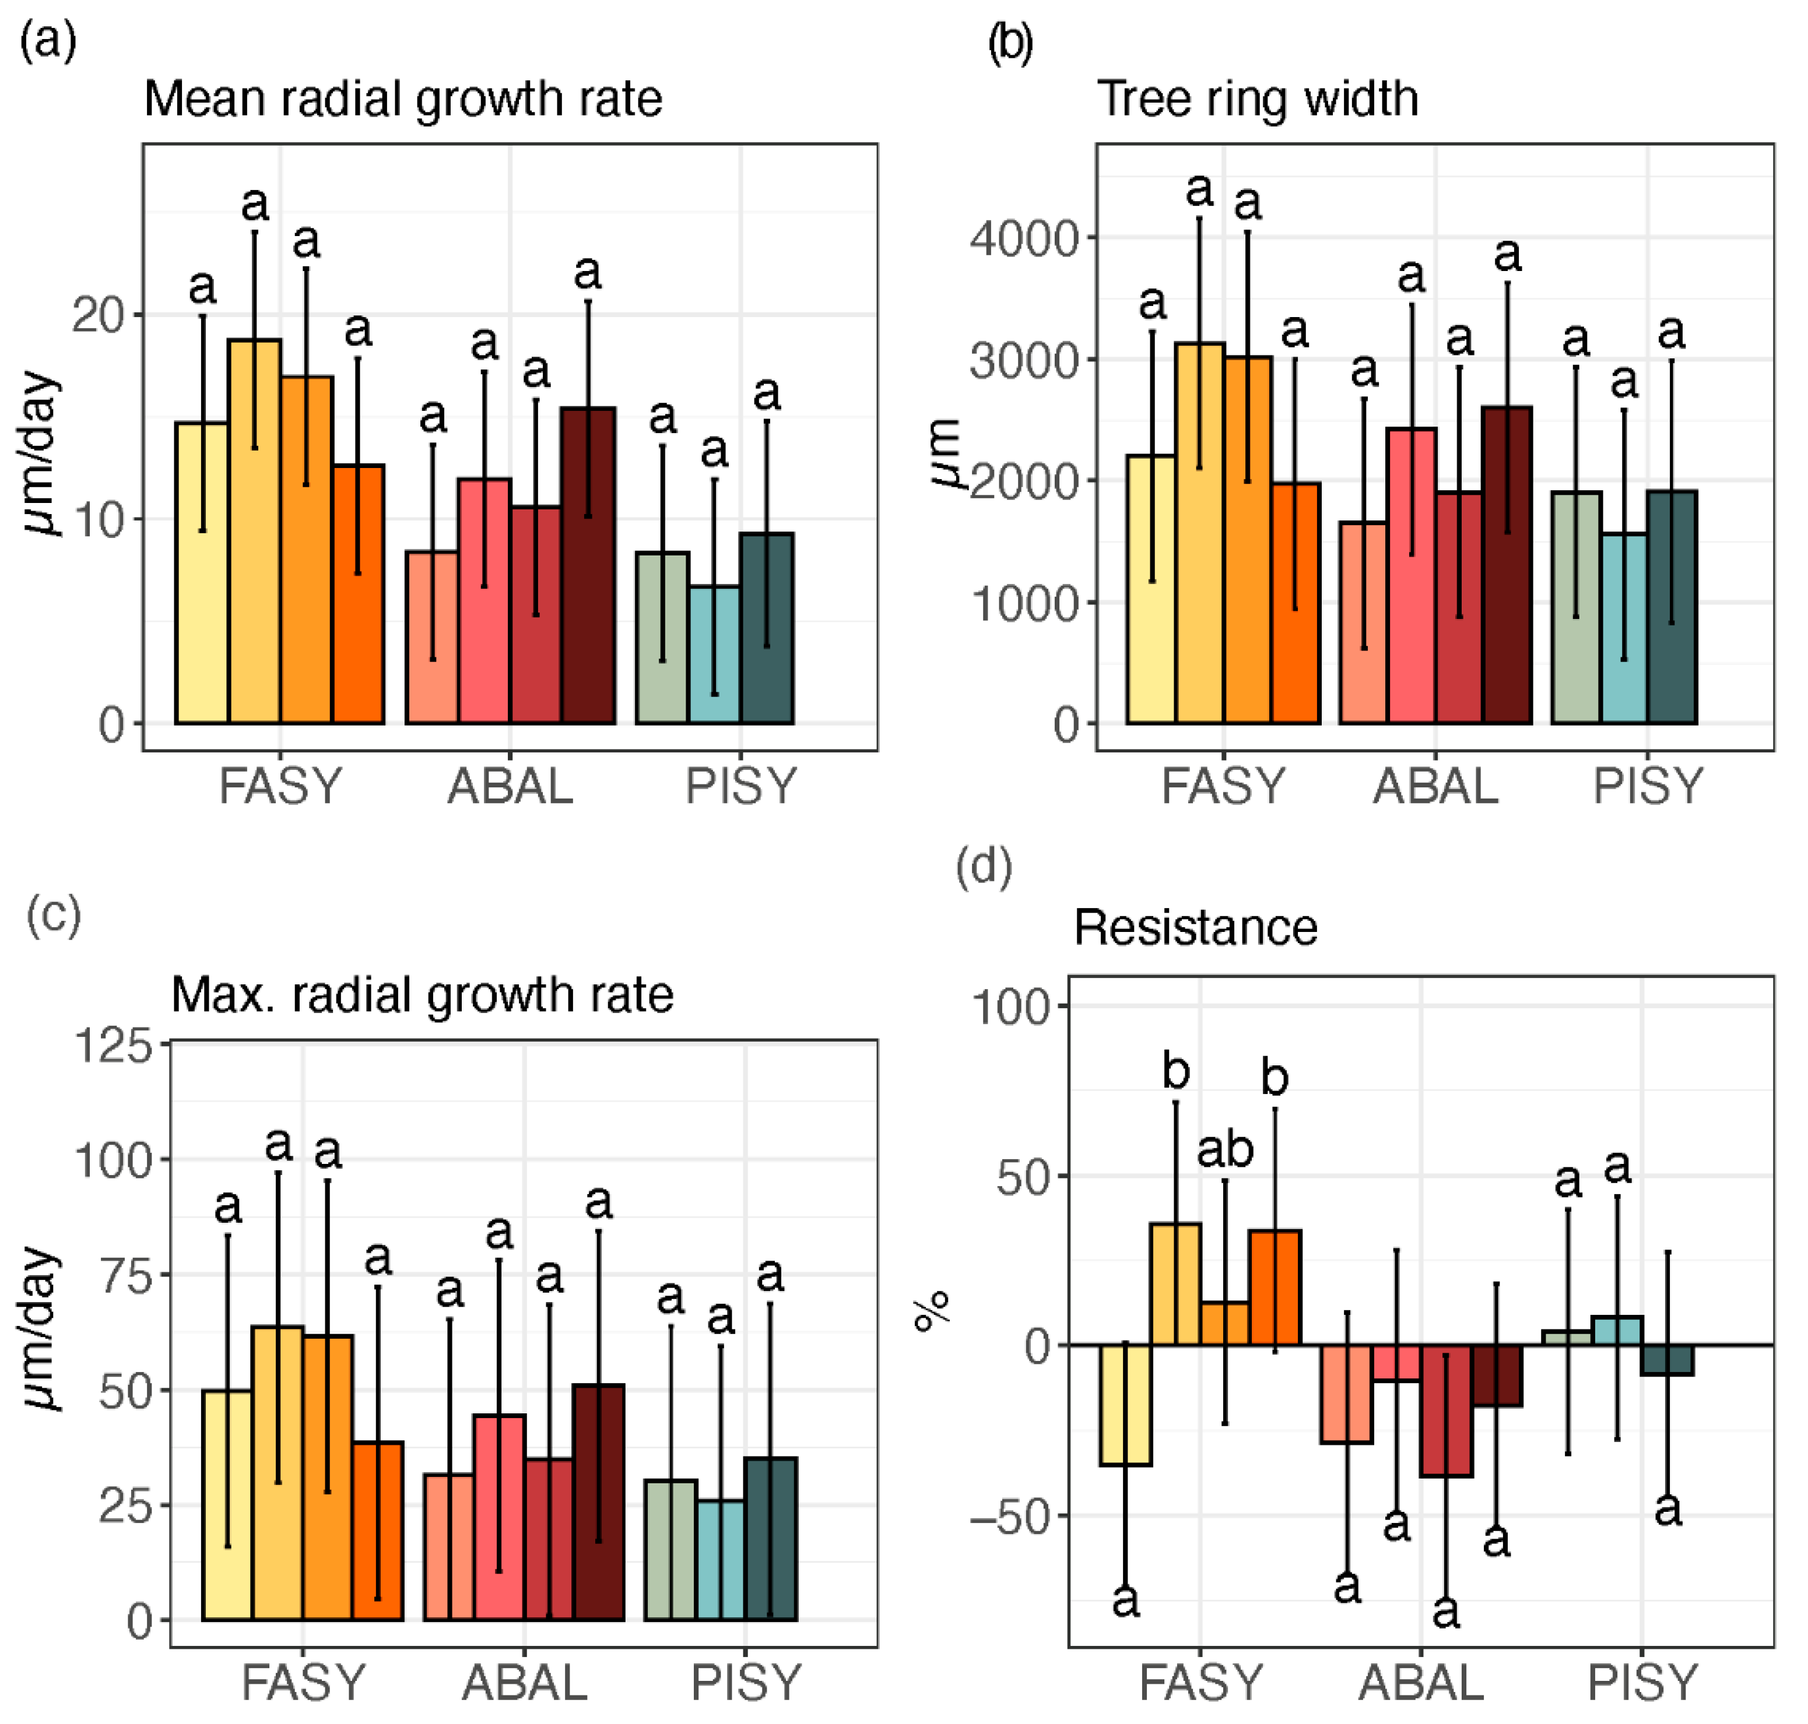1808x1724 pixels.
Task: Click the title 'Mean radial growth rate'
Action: (x=403, y=99)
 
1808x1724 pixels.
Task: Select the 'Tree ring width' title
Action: (x=1258, y=99)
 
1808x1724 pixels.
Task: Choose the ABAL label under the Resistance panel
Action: (x=1421, y=1683)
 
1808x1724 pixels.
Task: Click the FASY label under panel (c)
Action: (x=303, y=1683)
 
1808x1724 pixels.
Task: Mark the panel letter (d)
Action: (x=984, y=867)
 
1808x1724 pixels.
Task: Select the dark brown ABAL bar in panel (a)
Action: (x=588, y=565)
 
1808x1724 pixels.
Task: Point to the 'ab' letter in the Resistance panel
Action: (x=1224, y=1150)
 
